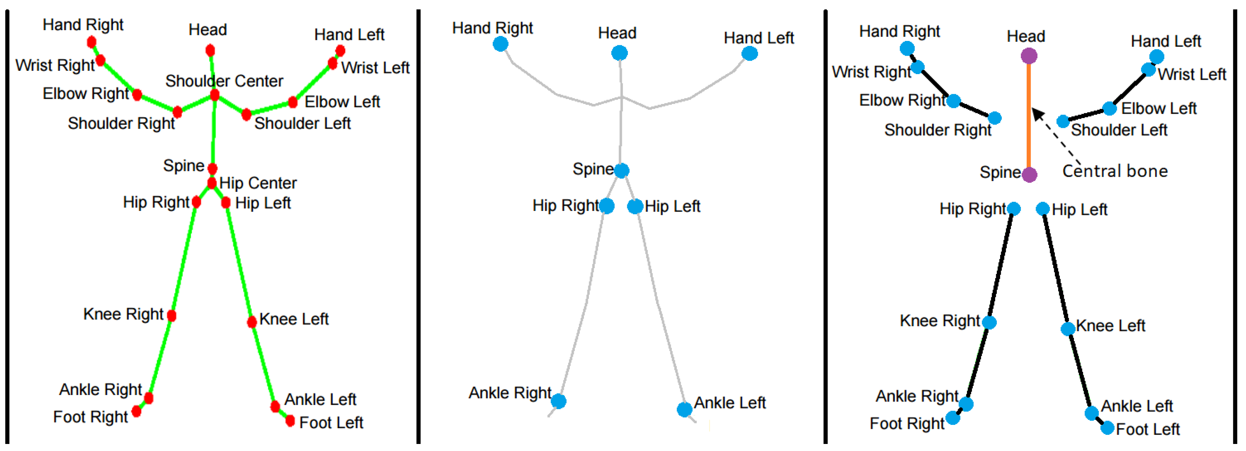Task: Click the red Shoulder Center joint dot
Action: point(215,95)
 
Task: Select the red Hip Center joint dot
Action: point(212,183)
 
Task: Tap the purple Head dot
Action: point(1029,56)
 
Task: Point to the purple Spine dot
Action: point(1029,174)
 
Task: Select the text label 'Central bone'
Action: point(1115,171)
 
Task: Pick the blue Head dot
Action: point(619,53)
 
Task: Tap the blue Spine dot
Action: point(621,170)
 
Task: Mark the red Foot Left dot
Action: point(290,421)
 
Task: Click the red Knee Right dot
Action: point(172,316)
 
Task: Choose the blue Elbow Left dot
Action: point(1109,108)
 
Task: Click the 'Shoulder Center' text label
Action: point(224,81)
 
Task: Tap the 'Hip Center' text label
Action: point(258,183)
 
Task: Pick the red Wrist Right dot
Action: point(101,60)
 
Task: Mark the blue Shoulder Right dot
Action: point(994,118)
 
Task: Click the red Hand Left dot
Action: point(340,50)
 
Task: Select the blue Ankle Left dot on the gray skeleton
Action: point(685,409)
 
